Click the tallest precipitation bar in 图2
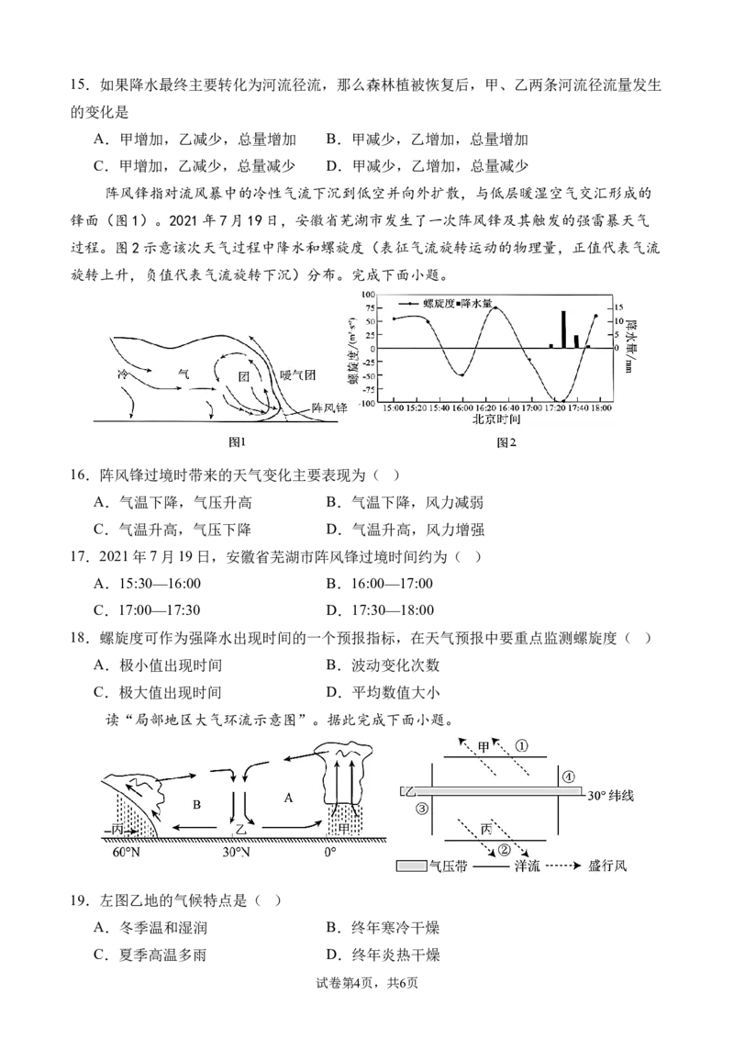click(x=563, y=330)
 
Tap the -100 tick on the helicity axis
click(x=368, y=403)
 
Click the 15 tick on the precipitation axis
click(x=618, y=308)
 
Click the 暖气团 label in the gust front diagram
click(x=297, y=375)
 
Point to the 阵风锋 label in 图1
click(x=329, y=408)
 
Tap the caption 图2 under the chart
click(x=506, y=442)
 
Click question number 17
click(x=80, y=556)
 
